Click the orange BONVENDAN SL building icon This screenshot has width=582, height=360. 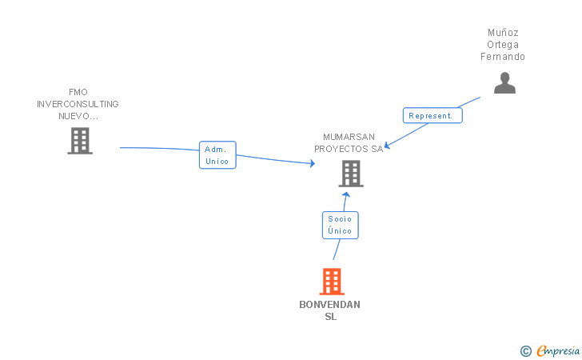point(332,282)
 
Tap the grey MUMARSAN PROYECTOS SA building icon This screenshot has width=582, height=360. point(350,174)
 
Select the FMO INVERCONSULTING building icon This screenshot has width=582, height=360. point(79,141)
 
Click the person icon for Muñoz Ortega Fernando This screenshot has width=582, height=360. point(504,83)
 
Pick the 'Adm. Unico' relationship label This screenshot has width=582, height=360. point(217,155)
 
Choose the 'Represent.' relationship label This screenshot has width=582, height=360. point(432,115)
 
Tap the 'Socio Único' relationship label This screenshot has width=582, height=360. point(340,225)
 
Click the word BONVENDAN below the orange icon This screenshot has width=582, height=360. point(329,305)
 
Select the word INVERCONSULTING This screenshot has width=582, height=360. point(78,104)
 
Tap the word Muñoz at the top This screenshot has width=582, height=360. point(503,33)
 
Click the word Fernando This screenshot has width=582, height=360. point(503,57)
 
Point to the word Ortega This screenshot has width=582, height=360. point(503,45)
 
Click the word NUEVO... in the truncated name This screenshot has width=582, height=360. point(78,116)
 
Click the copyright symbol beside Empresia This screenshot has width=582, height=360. point(525,350)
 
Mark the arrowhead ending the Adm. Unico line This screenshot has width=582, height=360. point(313,164)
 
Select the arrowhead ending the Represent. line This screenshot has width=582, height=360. point(386,146)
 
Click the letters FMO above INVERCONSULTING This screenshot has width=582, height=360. point(78,92)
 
